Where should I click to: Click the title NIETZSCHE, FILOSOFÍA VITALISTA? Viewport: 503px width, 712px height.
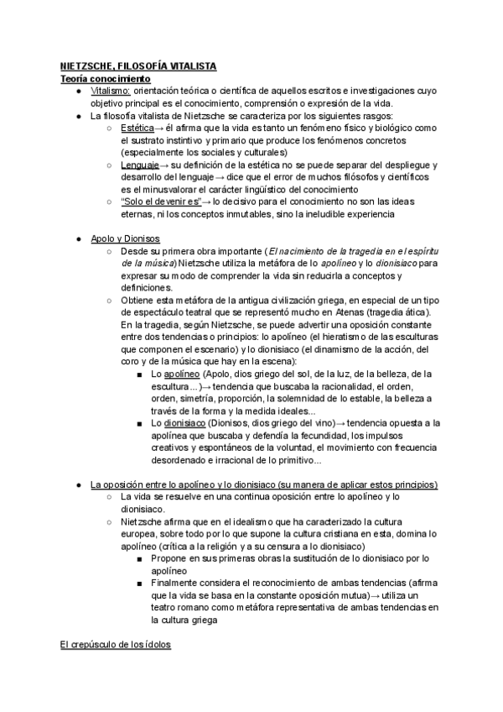click(x=138, y=65)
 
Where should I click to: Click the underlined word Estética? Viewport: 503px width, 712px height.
click(x=137, y=128)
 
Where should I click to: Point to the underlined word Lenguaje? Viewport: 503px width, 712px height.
click(x=139, y=165)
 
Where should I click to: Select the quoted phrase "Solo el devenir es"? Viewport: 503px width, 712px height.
click(x=161, y=202)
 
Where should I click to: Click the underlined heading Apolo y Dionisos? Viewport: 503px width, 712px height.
click(x=126, y=239)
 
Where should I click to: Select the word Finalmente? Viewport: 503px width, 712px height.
click(x=178, y=584)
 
